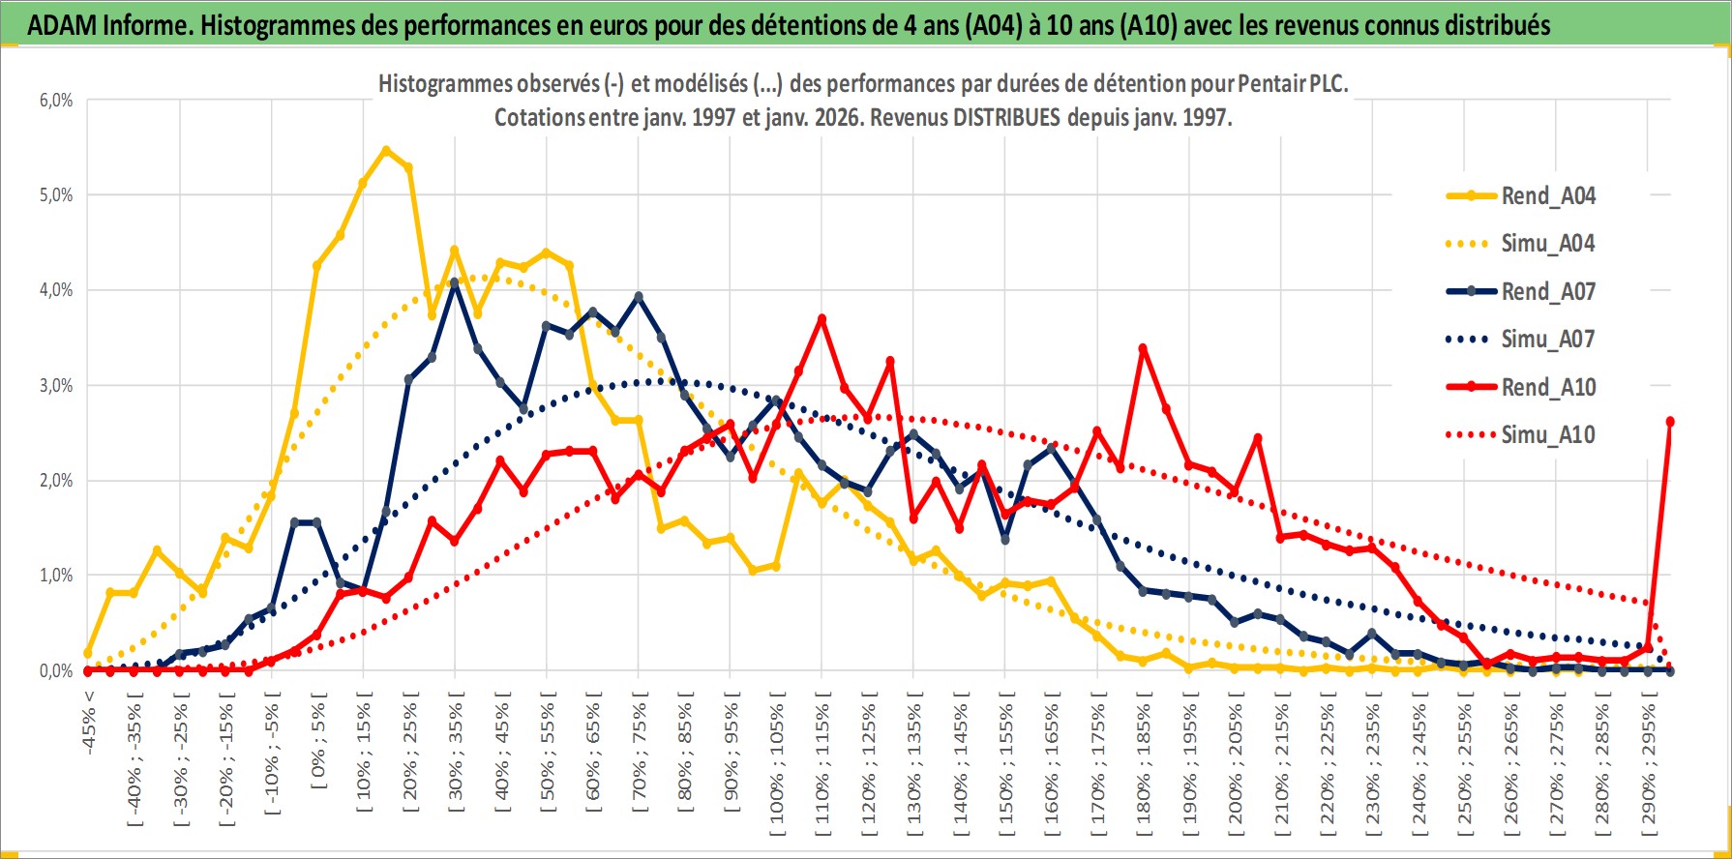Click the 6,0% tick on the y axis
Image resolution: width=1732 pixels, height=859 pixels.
point(55,101)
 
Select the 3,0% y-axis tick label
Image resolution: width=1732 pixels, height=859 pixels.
point(55,386)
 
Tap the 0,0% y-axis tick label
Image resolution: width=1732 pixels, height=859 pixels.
point(55,670)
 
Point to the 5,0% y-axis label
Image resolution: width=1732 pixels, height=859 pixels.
point(55,195)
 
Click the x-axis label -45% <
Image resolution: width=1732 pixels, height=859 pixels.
point(89,721)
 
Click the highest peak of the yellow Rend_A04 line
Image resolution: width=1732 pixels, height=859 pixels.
point(386,150)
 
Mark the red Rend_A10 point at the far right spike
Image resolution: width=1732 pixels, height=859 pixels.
point(1670,422)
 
